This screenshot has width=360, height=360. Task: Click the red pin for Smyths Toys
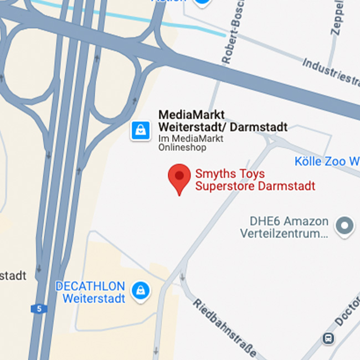click(x=179, y=177)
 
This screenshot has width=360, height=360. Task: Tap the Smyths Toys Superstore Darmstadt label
click(x=255, y=180)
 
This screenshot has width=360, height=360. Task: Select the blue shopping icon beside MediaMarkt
click(x=140, y=131)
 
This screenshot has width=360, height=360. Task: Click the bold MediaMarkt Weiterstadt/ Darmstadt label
click(x=223, y=121)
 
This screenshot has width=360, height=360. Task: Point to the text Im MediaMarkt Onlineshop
click(x=191, y=143)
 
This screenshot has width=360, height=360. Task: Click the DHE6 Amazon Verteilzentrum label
click(x=284, y=228)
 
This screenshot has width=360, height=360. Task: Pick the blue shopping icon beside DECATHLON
click(x=140, y=290)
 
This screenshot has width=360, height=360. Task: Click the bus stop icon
click(x=329, y=337)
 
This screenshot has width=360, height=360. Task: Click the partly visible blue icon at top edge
click(x=203, y=2)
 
